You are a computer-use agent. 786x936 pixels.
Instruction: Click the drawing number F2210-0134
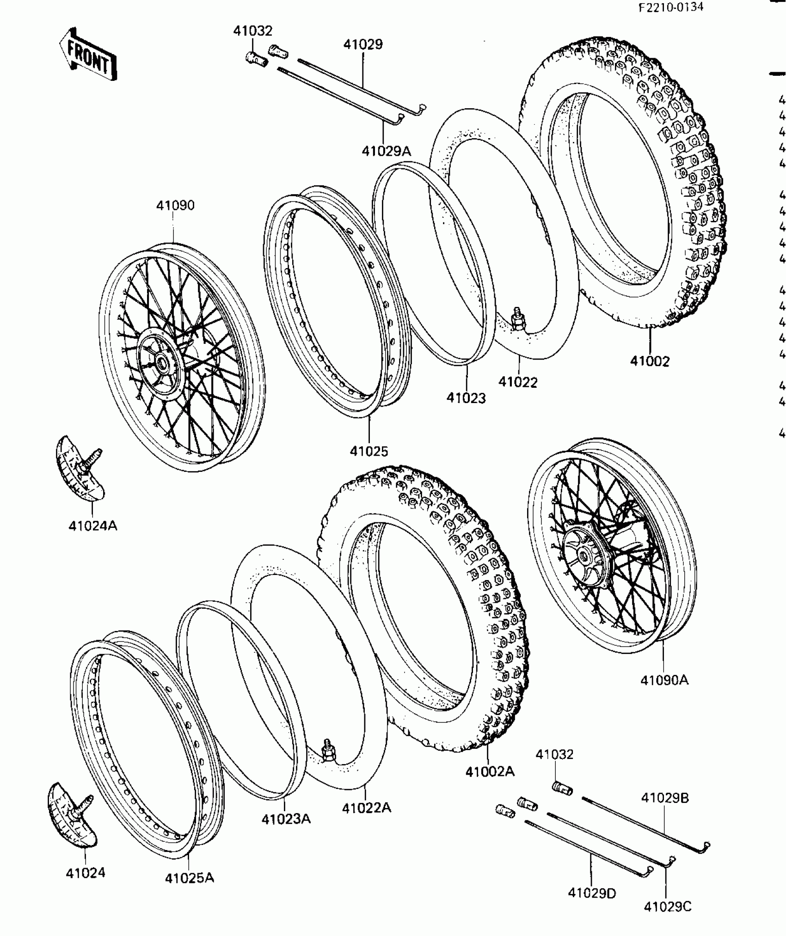671,7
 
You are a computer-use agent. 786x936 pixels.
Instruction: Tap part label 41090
175,205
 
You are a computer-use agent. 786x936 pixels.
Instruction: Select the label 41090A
664,680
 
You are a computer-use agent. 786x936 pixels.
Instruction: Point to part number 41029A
386,151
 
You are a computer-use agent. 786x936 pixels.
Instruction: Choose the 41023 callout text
466,398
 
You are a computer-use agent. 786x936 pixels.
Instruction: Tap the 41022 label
518,382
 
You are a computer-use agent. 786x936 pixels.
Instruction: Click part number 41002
650,361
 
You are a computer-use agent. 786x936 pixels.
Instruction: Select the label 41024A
92,526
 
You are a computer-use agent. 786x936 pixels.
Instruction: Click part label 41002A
490,771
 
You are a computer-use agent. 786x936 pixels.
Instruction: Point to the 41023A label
286,819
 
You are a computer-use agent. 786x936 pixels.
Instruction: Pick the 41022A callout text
366,808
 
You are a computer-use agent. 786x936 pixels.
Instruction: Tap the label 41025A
190,878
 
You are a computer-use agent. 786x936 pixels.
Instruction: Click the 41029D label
592,893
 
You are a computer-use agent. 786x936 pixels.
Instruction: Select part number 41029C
667,907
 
